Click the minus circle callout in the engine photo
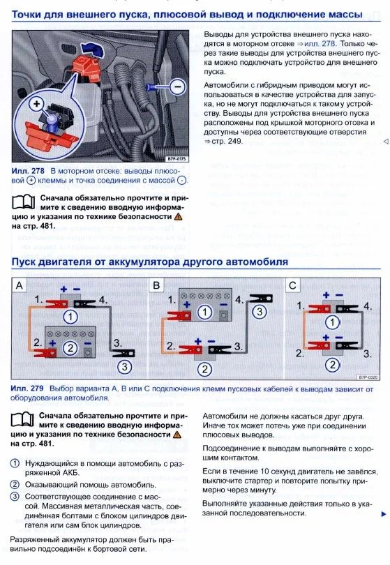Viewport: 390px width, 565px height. (x=177, y=86)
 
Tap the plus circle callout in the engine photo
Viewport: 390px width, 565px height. (x=36, y=105)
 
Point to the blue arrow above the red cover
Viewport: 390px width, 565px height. (x=90, y=48)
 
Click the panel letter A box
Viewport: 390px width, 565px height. (x=19, y=285)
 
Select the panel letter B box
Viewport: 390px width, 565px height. (x=156, y=285)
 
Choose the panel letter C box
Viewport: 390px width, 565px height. (x=293, y=285)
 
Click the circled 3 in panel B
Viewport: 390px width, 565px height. (x=259, y=312)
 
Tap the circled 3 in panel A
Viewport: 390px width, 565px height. (x=124, y=367)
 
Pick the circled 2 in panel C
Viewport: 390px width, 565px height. (x=333, y=365)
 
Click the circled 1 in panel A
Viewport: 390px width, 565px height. (x=70, y=317)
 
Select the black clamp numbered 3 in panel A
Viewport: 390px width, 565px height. (x=123, y=353)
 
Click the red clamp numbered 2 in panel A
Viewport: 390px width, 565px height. (x=45, y=353)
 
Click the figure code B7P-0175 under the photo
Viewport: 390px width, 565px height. (x=177, y=158)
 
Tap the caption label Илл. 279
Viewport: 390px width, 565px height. (x=27, y=389)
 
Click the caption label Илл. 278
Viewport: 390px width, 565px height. (x=28, y=171)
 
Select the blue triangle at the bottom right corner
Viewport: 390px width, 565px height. (x=384, y=514)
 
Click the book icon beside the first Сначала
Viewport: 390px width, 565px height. (x=24, y=202)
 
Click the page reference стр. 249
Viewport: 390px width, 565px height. (x=227, y=141)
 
